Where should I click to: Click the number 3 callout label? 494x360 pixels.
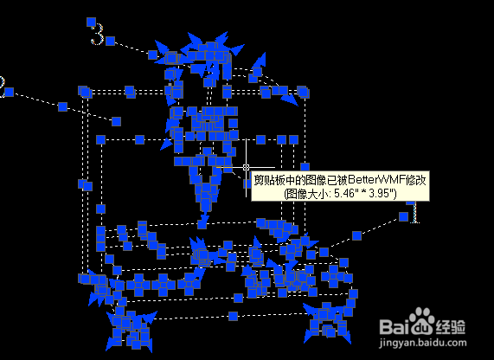coord(98,35)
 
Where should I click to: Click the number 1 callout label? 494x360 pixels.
coord(415,212)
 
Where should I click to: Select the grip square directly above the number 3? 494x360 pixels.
coord(91,22)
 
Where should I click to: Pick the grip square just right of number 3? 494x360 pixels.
coord(110,41)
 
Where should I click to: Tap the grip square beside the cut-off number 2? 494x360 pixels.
coord(10,93)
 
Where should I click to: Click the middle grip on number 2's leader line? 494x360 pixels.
coord(62,106)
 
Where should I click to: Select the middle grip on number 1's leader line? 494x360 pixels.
coord(356,235)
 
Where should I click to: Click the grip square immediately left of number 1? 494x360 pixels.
coord(403,216)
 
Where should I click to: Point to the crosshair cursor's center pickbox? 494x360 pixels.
coord(246,167)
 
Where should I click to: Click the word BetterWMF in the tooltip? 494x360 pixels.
coord(377,180)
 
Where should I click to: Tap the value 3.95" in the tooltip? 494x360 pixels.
coord(382,193)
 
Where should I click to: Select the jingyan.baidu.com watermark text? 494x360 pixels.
coord(423,343)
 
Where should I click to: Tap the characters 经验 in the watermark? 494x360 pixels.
coord(450,326)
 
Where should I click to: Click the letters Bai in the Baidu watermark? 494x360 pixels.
coord(395,326)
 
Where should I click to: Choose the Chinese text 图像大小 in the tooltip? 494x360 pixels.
coord(305,193)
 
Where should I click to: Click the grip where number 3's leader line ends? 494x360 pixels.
coord(153,55)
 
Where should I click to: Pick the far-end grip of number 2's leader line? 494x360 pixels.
coord(116,121)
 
